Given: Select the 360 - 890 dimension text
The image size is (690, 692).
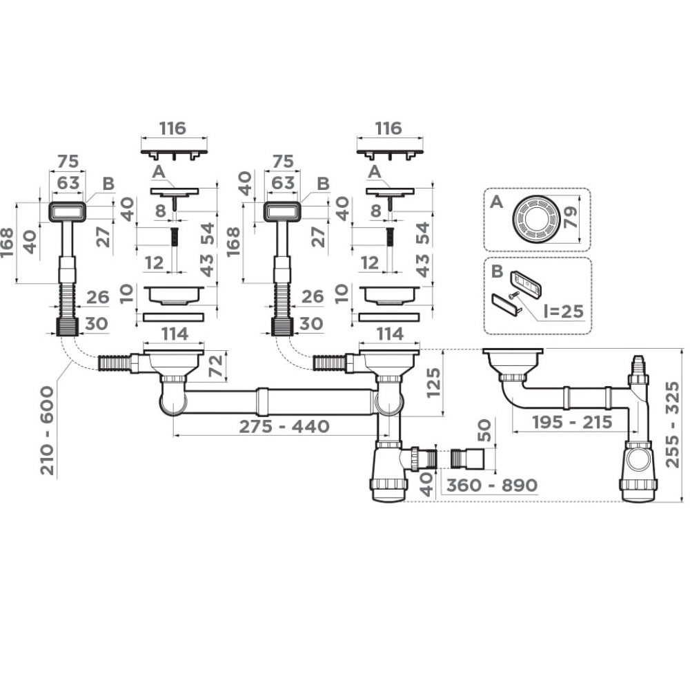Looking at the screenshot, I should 491,486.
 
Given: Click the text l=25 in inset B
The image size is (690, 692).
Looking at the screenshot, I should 562,311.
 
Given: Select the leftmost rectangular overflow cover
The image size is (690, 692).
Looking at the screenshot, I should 68,211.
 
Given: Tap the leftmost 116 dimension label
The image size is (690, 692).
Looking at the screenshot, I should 173,128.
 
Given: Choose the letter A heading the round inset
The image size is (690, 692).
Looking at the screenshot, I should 495,202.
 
